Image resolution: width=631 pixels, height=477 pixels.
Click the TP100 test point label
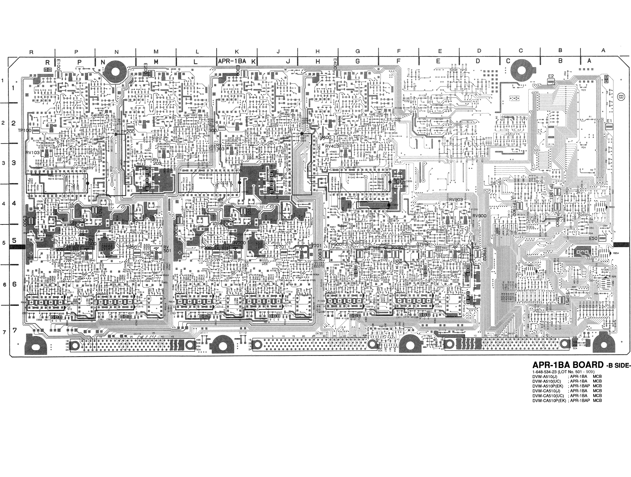pos(25,131)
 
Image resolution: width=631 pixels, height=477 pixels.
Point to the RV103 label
pos(32,153)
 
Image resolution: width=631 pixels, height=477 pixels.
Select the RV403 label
pos(332,146)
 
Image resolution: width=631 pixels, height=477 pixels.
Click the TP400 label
pos(324,137)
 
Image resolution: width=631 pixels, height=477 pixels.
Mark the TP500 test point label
pos(56,250)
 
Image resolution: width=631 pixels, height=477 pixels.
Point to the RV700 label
pos(239,243)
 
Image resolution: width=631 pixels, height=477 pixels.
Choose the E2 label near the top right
pos(551,76)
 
